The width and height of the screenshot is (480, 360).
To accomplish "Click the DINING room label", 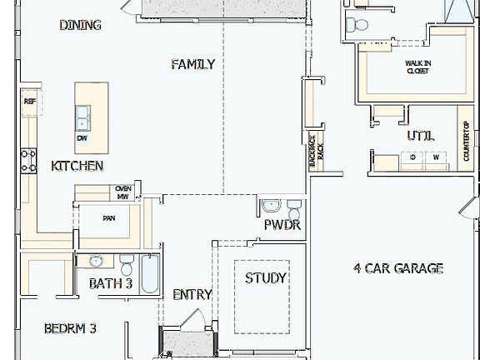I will point(80,25).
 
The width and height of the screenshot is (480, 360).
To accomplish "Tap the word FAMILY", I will point(193,64).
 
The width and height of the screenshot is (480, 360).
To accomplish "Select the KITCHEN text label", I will point(77,166).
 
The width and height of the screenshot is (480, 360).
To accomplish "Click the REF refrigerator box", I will point(30,102).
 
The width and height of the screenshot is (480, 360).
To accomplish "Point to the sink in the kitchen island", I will point(82,117).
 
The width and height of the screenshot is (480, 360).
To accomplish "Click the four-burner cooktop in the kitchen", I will point(28,160).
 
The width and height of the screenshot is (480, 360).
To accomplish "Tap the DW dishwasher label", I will point(82,138).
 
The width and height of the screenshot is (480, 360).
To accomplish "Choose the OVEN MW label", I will point(122,192).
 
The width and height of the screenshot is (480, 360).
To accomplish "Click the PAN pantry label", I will point(108,218).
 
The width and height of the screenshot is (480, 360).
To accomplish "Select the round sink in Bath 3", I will point(96,261).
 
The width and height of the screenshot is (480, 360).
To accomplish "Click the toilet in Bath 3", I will point(127,265).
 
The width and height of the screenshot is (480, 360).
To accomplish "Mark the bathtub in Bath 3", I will point(150,274).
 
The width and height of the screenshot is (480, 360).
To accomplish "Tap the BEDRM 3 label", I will point(70,328).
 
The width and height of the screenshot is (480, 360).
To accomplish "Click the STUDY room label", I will point(266,277).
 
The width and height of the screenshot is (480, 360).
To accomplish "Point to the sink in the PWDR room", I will point(271,206).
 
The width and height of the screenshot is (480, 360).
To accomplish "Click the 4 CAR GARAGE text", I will point(397,268).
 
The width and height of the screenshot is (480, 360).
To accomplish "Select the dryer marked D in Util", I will point(412,157).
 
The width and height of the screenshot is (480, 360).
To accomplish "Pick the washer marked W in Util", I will point(435,157).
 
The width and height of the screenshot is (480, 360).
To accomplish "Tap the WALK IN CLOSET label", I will point(417,67).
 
